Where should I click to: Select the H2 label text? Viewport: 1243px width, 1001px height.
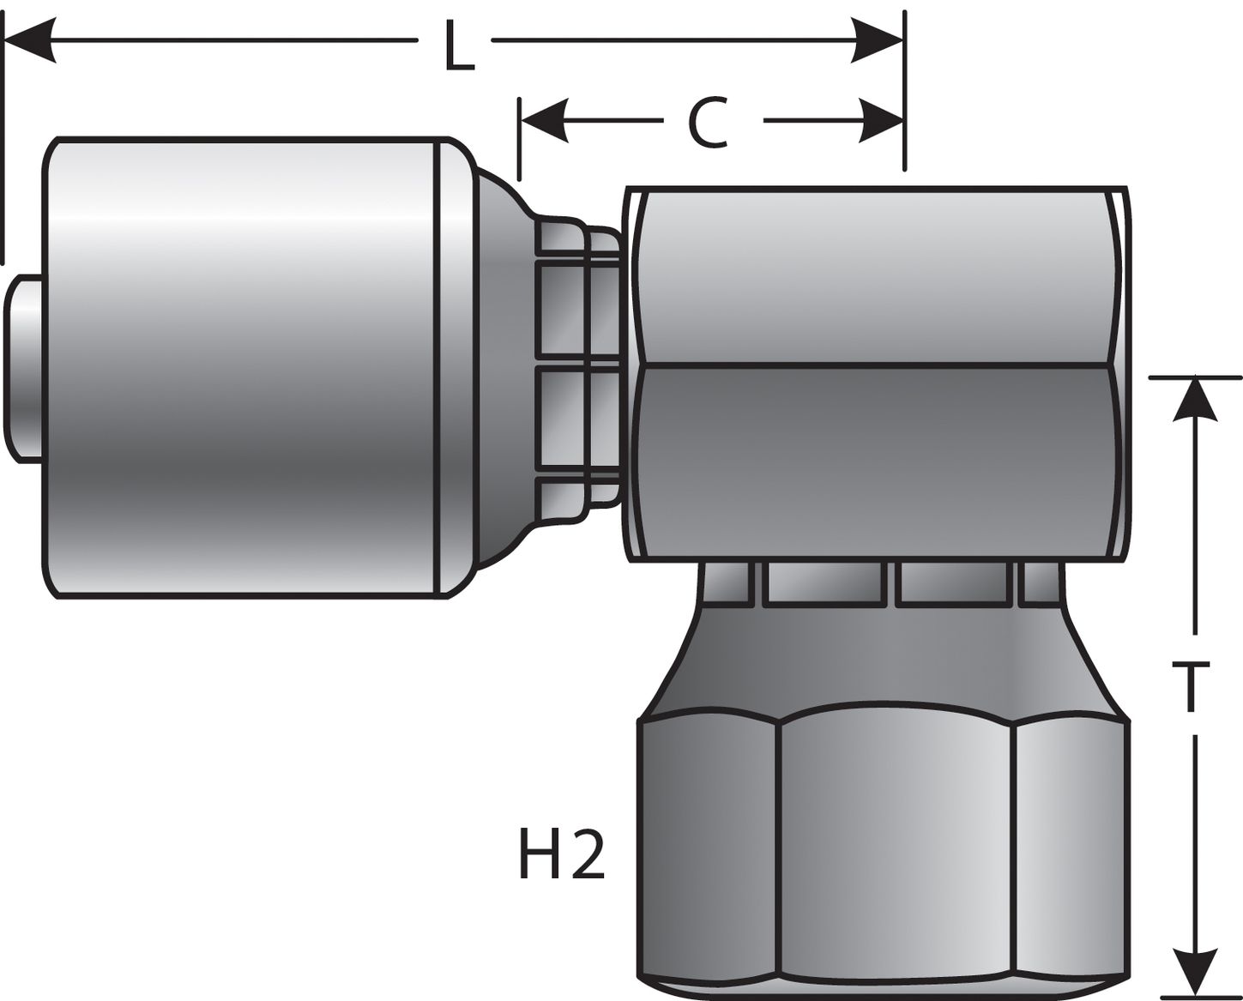(x=562, y=854)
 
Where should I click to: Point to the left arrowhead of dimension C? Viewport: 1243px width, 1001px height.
(x=544, y=120)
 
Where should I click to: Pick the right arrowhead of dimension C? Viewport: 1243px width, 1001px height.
(x=880, y=120)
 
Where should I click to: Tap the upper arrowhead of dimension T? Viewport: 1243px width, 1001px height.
(x=1195, y=399)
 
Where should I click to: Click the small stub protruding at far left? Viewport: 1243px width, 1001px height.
(x=24, y=369)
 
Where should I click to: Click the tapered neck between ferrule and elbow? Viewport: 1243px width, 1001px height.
(x=502, y=369)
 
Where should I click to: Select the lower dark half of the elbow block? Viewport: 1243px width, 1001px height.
(x=875, y=463)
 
